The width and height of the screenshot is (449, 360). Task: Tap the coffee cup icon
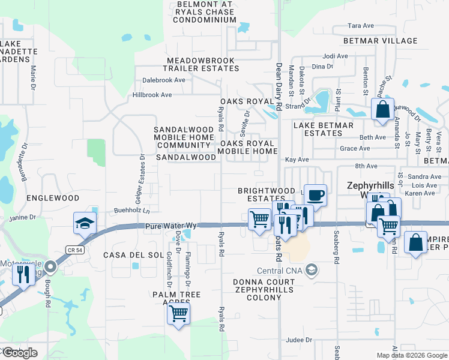(x=316, y=195)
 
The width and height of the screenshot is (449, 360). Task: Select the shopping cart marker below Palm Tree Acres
(x=178, y=313)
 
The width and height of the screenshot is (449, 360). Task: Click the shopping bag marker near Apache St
(x=382, y=110)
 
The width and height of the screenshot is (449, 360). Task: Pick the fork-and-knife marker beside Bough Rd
(x=23, y=275)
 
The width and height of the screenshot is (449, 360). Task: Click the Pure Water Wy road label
(x=170, y=226)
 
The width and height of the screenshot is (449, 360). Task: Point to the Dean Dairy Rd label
(x=279, y=87)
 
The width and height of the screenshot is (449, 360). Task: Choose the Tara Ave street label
(x=361, y=26)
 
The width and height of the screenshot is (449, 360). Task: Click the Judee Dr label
(x=300, y=340)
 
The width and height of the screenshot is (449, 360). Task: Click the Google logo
(x=20, y=353)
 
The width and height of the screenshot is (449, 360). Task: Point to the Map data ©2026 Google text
(x=411, y=355)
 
